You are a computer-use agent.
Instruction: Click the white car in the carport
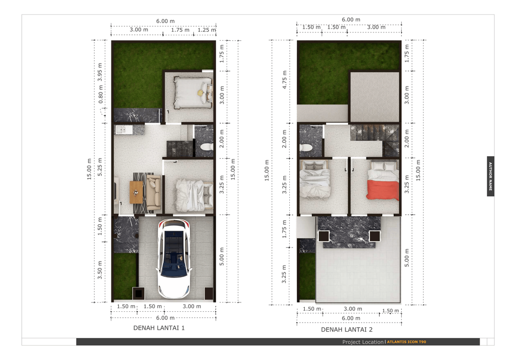click(174, 259)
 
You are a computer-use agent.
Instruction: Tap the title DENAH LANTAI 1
click(159, 328)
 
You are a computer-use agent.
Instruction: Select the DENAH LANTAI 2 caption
click(346, 330)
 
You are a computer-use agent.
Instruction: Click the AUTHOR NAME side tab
click(491, 176)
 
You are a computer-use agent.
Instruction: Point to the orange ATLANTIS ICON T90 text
click(407, 342)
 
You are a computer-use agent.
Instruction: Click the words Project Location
click(362, 342)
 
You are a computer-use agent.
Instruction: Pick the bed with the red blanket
click(383, 180)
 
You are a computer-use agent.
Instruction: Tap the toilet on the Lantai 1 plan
click(207, 147)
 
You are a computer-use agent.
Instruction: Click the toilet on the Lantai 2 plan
click(306, 148)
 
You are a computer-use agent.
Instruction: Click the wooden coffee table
click(136, 192)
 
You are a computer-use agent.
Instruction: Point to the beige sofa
click(154, 192)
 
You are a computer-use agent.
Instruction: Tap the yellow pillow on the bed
click(200, 93)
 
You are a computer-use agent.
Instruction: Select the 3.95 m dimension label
click(100, 72)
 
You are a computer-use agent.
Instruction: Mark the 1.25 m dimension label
click(207, 30)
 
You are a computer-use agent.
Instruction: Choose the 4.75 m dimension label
click(284, 80)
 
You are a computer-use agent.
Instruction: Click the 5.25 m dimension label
click(100, 167)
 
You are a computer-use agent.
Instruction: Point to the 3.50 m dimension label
click(100, 270)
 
